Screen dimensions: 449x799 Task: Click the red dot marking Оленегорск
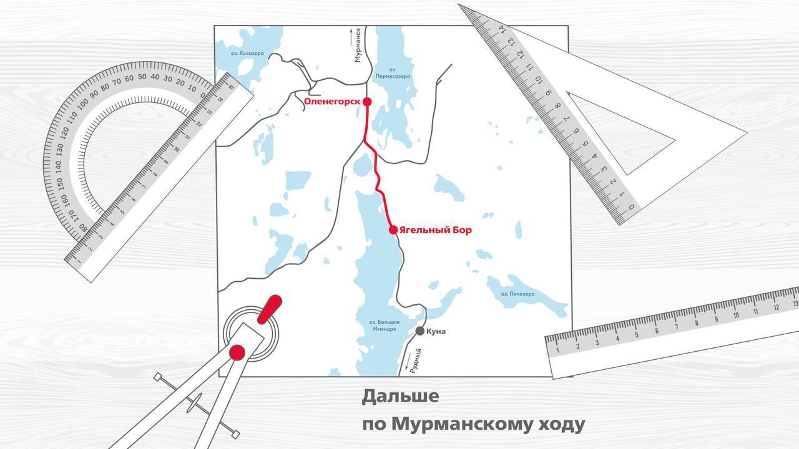pyautogui.click(x=367, y=102)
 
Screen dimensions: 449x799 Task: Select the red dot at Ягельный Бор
pyautogui.click(x=393, y=230)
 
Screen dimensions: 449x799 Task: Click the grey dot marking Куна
pyautogui.click(x=420, y=331)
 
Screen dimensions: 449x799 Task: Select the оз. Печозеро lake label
pyautogui.click(x=518, y=294)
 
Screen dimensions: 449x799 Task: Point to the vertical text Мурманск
pyautogui.click(x=358, y=45)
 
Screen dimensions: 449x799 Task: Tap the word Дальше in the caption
pyautogui.click(x=400, y=396)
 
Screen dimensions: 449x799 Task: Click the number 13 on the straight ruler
pyautogui.click(x=777, y=306)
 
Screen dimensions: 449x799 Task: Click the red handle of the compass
pyautogui.click(x=270, y=308)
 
